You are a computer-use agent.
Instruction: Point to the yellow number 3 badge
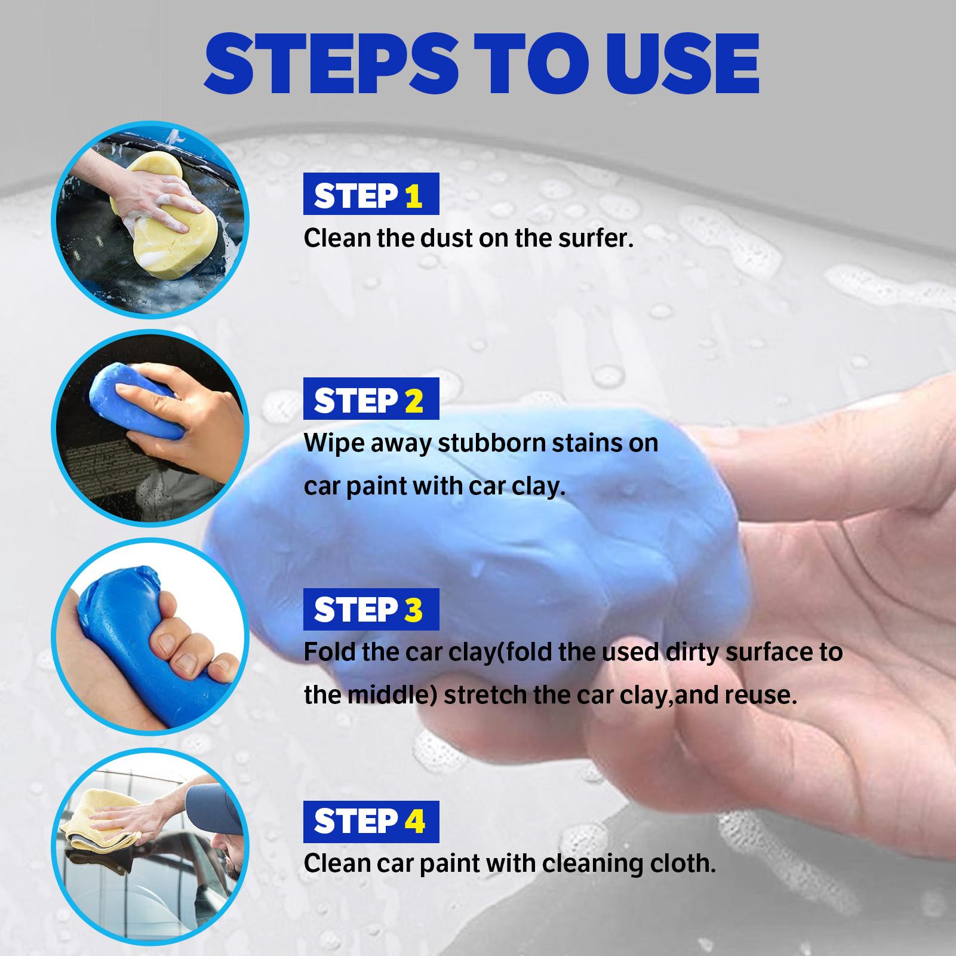[x=413, y=610]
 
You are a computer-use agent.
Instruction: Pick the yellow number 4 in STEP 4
[x=414, y=821]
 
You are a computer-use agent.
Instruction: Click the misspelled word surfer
[x=590, y=239]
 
